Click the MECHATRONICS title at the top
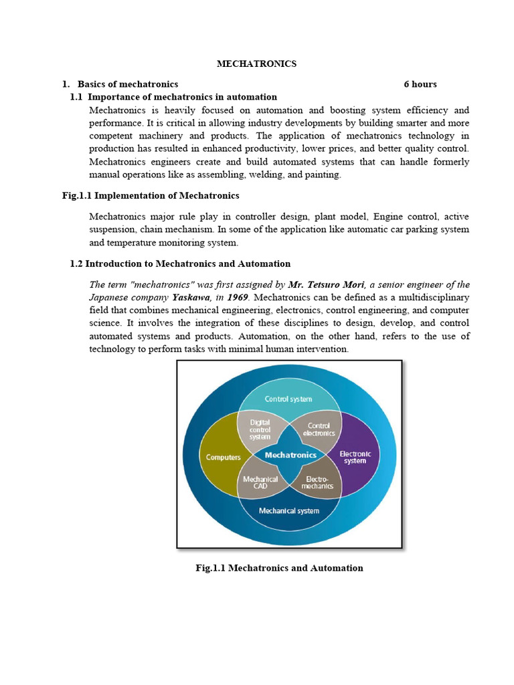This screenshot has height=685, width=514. (256, 64)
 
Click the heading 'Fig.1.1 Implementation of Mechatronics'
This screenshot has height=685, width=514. (146, 195)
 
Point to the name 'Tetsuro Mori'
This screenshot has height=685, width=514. (337, 284)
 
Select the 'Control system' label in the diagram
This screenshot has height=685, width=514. (288, 399)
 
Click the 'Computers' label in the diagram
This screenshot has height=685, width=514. (224, 458)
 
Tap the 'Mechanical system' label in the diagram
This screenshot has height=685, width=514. (289, 511)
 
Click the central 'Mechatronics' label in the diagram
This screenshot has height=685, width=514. (290, 455)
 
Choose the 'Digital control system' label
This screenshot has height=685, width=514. (260, 429)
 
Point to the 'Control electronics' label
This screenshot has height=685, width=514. (319, 429)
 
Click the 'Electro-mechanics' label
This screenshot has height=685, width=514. (319, 482)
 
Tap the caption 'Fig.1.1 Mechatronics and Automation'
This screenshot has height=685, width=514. (279, 568)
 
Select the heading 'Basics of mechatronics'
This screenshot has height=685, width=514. (128, 84)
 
